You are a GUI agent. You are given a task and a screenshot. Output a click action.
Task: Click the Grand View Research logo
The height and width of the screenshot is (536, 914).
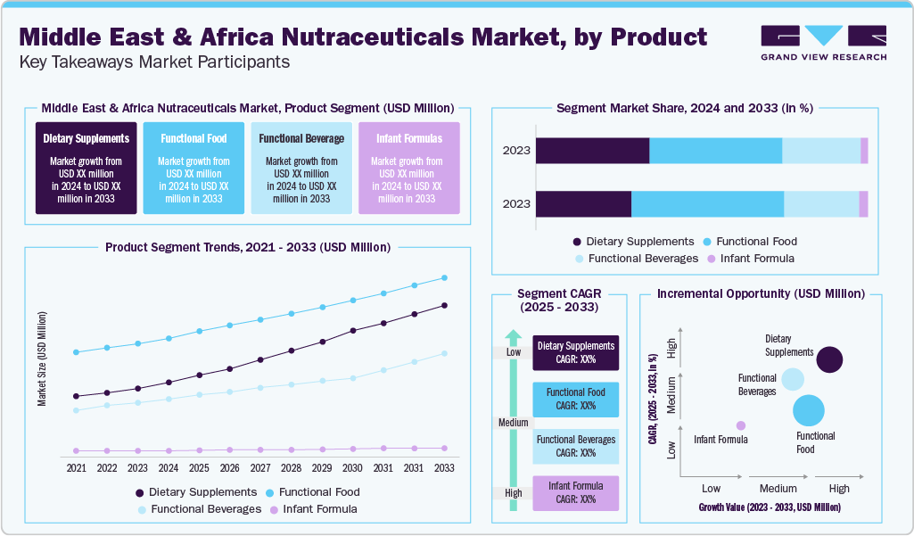pos(822,42)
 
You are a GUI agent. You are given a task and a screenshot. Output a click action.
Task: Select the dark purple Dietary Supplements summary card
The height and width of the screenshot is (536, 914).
pos(86,168)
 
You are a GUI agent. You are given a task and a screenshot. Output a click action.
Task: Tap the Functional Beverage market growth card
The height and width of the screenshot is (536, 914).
pos(301,168)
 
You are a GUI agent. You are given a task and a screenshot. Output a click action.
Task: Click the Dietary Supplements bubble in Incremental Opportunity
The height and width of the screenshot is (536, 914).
pos(830,359)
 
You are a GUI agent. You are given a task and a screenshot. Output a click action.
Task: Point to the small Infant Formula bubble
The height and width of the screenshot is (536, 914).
pos(741,425)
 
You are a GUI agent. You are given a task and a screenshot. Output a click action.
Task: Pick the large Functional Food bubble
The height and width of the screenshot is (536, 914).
pos(810,410)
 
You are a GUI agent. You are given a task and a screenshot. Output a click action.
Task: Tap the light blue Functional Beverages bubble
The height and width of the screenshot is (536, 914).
pos(792,379)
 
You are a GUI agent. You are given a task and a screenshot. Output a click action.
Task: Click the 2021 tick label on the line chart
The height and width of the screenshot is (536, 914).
pos(77,467)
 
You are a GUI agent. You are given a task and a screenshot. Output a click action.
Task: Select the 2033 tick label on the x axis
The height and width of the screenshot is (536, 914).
pos(443,467)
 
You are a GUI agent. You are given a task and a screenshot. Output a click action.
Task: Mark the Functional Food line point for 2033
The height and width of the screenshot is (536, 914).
pos(443,277)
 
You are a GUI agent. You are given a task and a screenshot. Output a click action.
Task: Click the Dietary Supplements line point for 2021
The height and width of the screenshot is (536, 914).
pos(77,396)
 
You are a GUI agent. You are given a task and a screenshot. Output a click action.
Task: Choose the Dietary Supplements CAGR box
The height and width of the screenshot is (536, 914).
pos(575,352)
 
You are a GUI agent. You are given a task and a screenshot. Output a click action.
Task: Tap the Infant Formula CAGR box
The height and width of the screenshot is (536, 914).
pos(575,493)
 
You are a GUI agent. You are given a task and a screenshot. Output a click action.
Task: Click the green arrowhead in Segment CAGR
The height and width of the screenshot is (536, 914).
pos(513,337)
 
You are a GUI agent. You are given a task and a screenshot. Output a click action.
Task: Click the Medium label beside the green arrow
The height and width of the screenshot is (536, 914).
pos(513,423)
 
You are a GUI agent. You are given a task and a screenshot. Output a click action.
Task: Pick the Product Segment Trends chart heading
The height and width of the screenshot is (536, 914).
pos(247,247)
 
